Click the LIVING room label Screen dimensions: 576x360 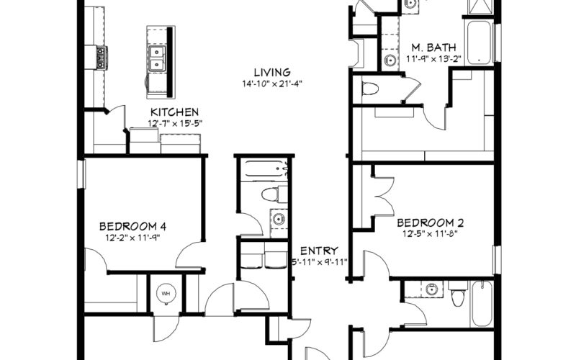[x=272, y=73]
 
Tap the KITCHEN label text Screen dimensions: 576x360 [x=175, y=112]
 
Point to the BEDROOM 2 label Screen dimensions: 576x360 [x=430, y=222]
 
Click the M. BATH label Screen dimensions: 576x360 [x=433, y=48]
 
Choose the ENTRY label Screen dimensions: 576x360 [x=319, y=251]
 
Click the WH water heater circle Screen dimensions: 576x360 [x=166, y=294]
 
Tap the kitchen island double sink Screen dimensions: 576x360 [x=157, y=58]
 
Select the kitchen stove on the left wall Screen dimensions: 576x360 [x=102, y=58]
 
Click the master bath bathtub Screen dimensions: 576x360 [x=479, y=42]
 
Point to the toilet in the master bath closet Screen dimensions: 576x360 [x=370, y=89]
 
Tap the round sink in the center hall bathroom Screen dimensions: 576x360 [x=279, y=220]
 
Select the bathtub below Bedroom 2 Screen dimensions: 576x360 [x=482, y=304]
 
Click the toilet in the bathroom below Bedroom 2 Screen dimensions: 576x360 [x=457, y=294]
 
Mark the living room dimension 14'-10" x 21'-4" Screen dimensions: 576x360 [x=272, y=84]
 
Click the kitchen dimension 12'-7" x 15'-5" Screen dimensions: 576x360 [x=175, y=123]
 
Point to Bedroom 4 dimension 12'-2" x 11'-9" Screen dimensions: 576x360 [x=132, y=238]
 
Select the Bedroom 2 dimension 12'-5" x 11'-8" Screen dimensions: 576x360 [x=430, y=233]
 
